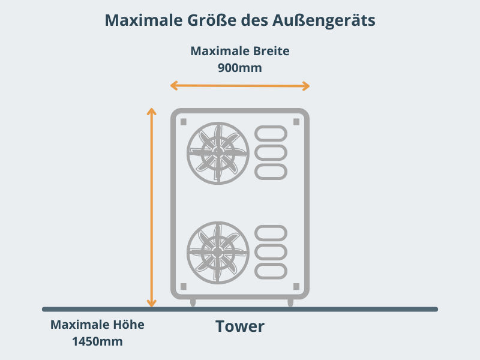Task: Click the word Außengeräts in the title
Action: (x=323, y=21)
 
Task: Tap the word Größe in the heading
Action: (x=212, y=20)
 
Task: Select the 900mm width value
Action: (x=239, y=68)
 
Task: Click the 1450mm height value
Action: (x=97, y=341)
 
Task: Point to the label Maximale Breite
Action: (x=239, y=51)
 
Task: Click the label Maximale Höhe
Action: (x=97, y=325)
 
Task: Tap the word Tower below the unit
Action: (x=239, y=326)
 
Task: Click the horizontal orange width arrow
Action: (x=240, y=86)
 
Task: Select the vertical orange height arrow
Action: (x=152, y=207)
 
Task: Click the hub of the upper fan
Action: (x=218, y=152)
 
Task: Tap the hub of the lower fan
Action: (x=218, y=251)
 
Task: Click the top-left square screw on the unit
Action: (x=184, y=122)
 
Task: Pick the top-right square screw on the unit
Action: (x=296, y=122)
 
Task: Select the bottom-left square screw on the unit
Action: (x=184, y=287)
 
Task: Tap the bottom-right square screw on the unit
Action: (x=296, y=287)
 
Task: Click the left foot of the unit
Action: (x=193, y=302)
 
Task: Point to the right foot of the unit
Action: (x=290, y=302)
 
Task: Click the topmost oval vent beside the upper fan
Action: (x=271, y=133)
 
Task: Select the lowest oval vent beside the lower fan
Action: (x=271, y=271)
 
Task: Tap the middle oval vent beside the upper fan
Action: (x=271, y=152)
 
